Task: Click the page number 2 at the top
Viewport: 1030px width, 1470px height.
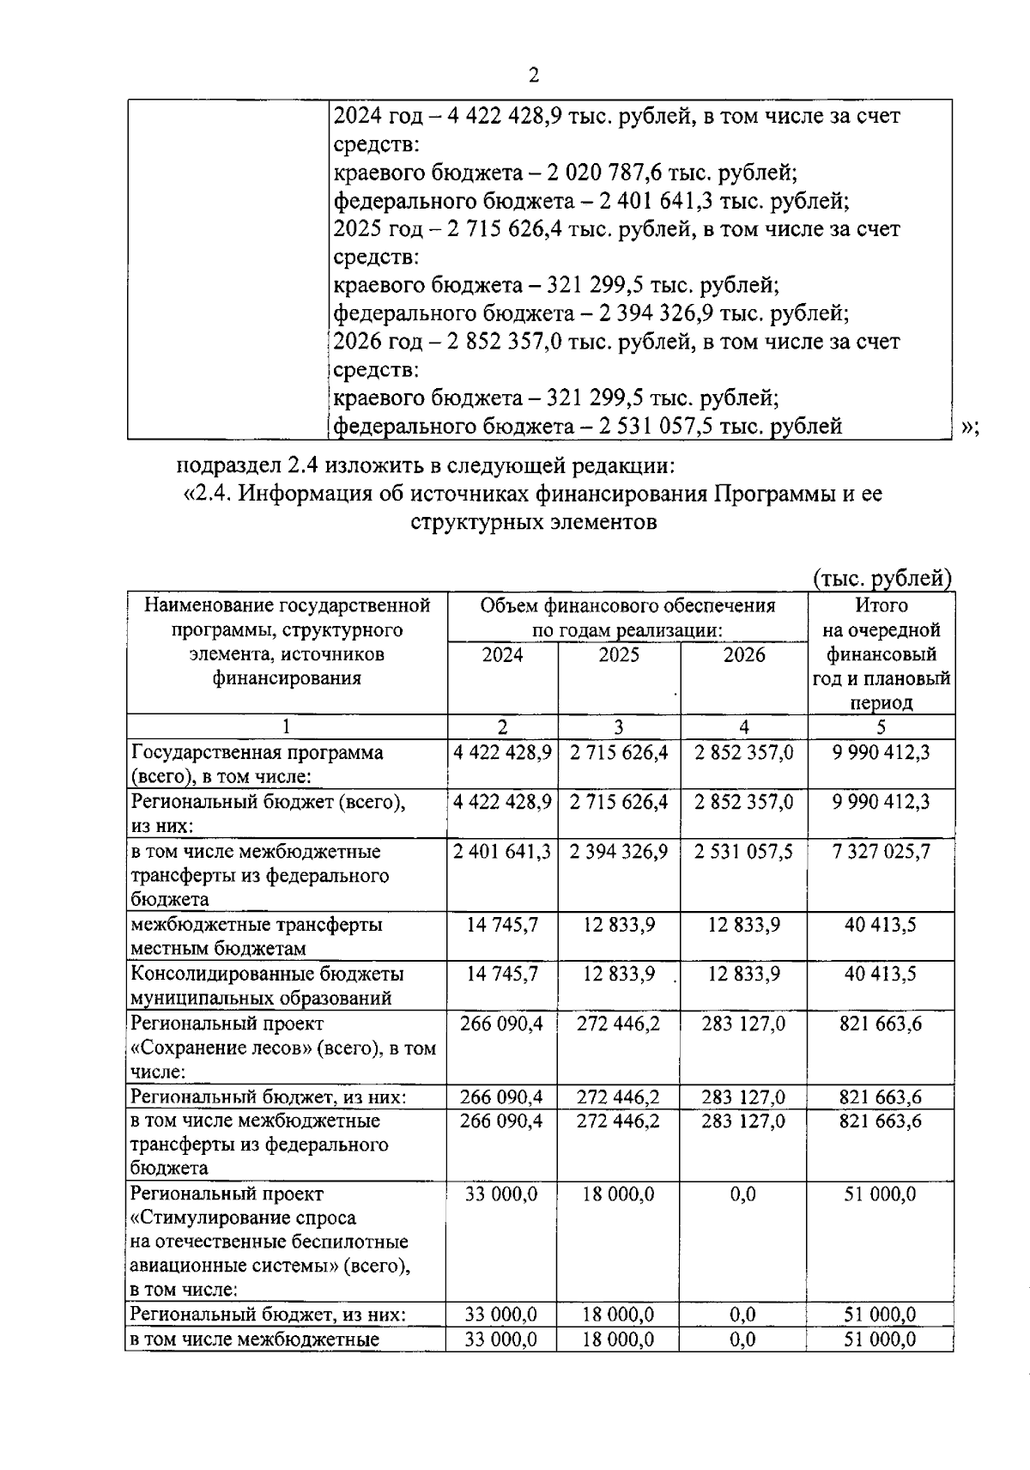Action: tap(533, 76)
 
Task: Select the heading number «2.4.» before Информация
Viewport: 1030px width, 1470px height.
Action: tap(208, 494)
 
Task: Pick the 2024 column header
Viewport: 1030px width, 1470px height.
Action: tap(502, 655)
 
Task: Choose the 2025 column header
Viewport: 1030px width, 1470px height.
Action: tap(619, 655)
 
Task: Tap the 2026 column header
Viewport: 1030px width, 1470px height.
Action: tap(743, 655)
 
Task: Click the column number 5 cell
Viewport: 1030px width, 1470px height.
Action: tap(881, 727)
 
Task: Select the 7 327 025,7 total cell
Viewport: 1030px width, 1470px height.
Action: tap(881, 852)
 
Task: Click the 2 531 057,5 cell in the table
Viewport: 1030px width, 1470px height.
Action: tap(743, 852)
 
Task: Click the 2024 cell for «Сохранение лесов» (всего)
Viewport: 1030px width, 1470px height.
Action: tap(502, 1024)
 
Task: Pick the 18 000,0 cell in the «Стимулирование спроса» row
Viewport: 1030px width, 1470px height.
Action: tap(619, 1194)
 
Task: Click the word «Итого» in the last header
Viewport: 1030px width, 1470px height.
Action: tap(881, 605)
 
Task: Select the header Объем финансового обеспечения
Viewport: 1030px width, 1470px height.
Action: tap(627, 605)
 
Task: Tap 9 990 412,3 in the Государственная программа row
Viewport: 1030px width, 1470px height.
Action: tap(881, 753)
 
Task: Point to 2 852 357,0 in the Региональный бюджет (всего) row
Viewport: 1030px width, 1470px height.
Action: tap(743, 802)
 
